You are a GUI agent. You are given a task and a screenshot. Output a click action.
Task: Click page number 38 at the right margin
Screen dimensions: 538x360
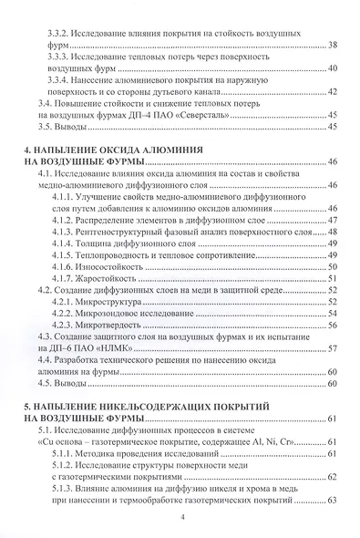[332, 45]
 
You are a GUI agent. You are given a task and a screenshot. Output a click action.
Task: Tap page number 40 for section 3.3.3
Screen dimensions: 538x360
[332, 68]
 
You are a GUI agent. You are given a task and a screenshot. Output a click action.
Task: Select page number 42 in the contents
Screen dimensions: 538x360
[332, 92]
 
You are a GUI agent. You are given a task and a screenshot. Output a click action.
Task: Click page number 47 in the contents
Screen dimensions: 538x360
[332, 220]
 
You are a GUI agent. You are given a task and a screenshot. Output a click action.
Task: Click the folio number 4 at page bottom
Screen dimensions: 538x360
[182, 518]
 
